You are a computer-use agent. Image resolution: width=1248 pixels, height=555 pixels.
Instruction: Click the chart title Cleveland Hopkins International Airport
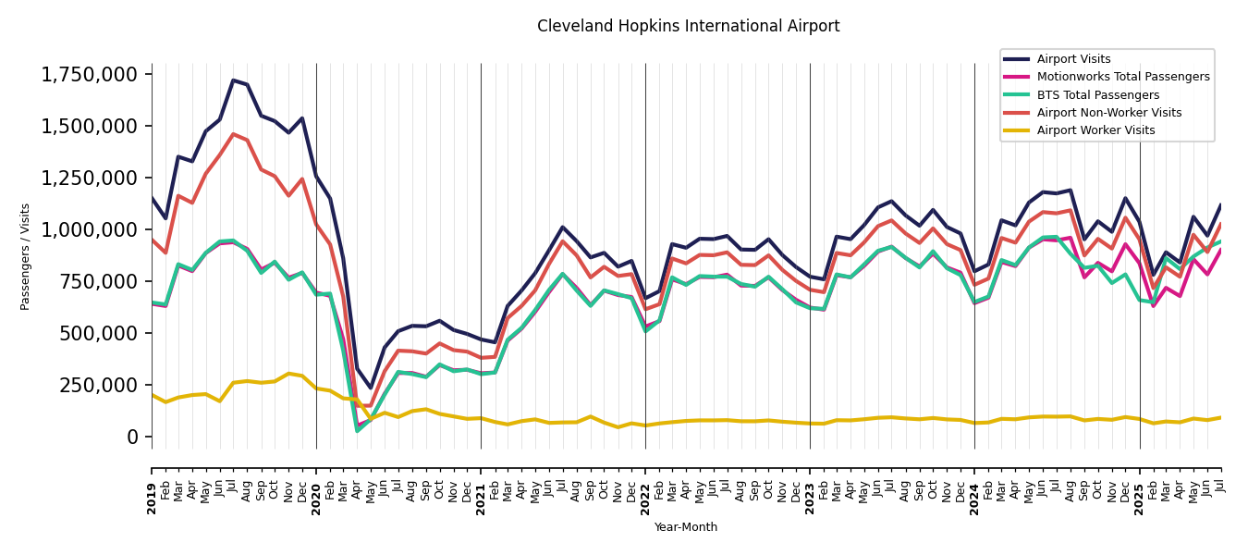coord(688,27)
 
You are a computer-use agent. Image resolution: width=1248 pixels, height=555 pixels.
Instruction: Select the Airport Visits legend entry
coord(1073,59)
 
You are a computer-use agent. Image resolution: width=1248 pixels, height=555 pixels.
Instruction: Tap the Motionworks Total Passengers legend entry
coord(1122,77)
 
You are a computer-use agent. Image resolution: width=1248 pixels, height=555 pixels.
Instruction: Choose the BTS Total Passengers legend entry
coord(1097,95)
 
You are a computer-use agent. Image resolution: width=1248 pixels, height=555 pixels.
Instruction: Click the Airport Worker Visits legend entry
coord(1095,130)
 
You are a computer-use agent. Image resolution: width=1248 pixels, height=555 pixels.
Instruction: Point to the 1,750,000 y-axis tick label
coord(91,75)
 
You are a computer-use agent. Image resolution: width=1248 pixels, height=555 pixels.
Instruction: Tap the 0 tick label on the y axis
coord(132,437)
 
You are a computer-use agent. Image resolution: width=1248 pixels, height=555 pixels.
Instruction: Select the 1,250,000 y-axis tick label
coord(91,178)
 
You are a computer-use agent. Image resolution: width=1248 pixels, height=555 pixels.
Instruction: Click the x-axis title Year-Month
coord(685,527)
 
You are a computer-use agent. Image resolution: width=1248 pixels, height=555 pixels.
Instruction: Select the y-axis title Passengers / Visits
coord(26,256)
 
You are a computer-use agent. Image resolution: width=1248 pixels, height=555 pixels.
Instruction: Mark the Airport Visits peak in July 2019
coord(234,80)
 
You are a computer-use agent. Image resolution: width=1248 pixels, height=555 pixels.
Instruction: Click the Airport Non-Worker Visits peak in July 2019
coord(234,134)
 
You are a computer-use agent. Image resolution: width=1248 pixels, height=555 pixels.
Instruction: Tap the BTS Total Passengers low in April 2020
coord(357,430)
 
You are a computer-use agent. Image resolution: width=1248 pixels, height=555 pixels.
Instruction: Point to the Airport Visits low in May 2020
coord(371,388)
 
